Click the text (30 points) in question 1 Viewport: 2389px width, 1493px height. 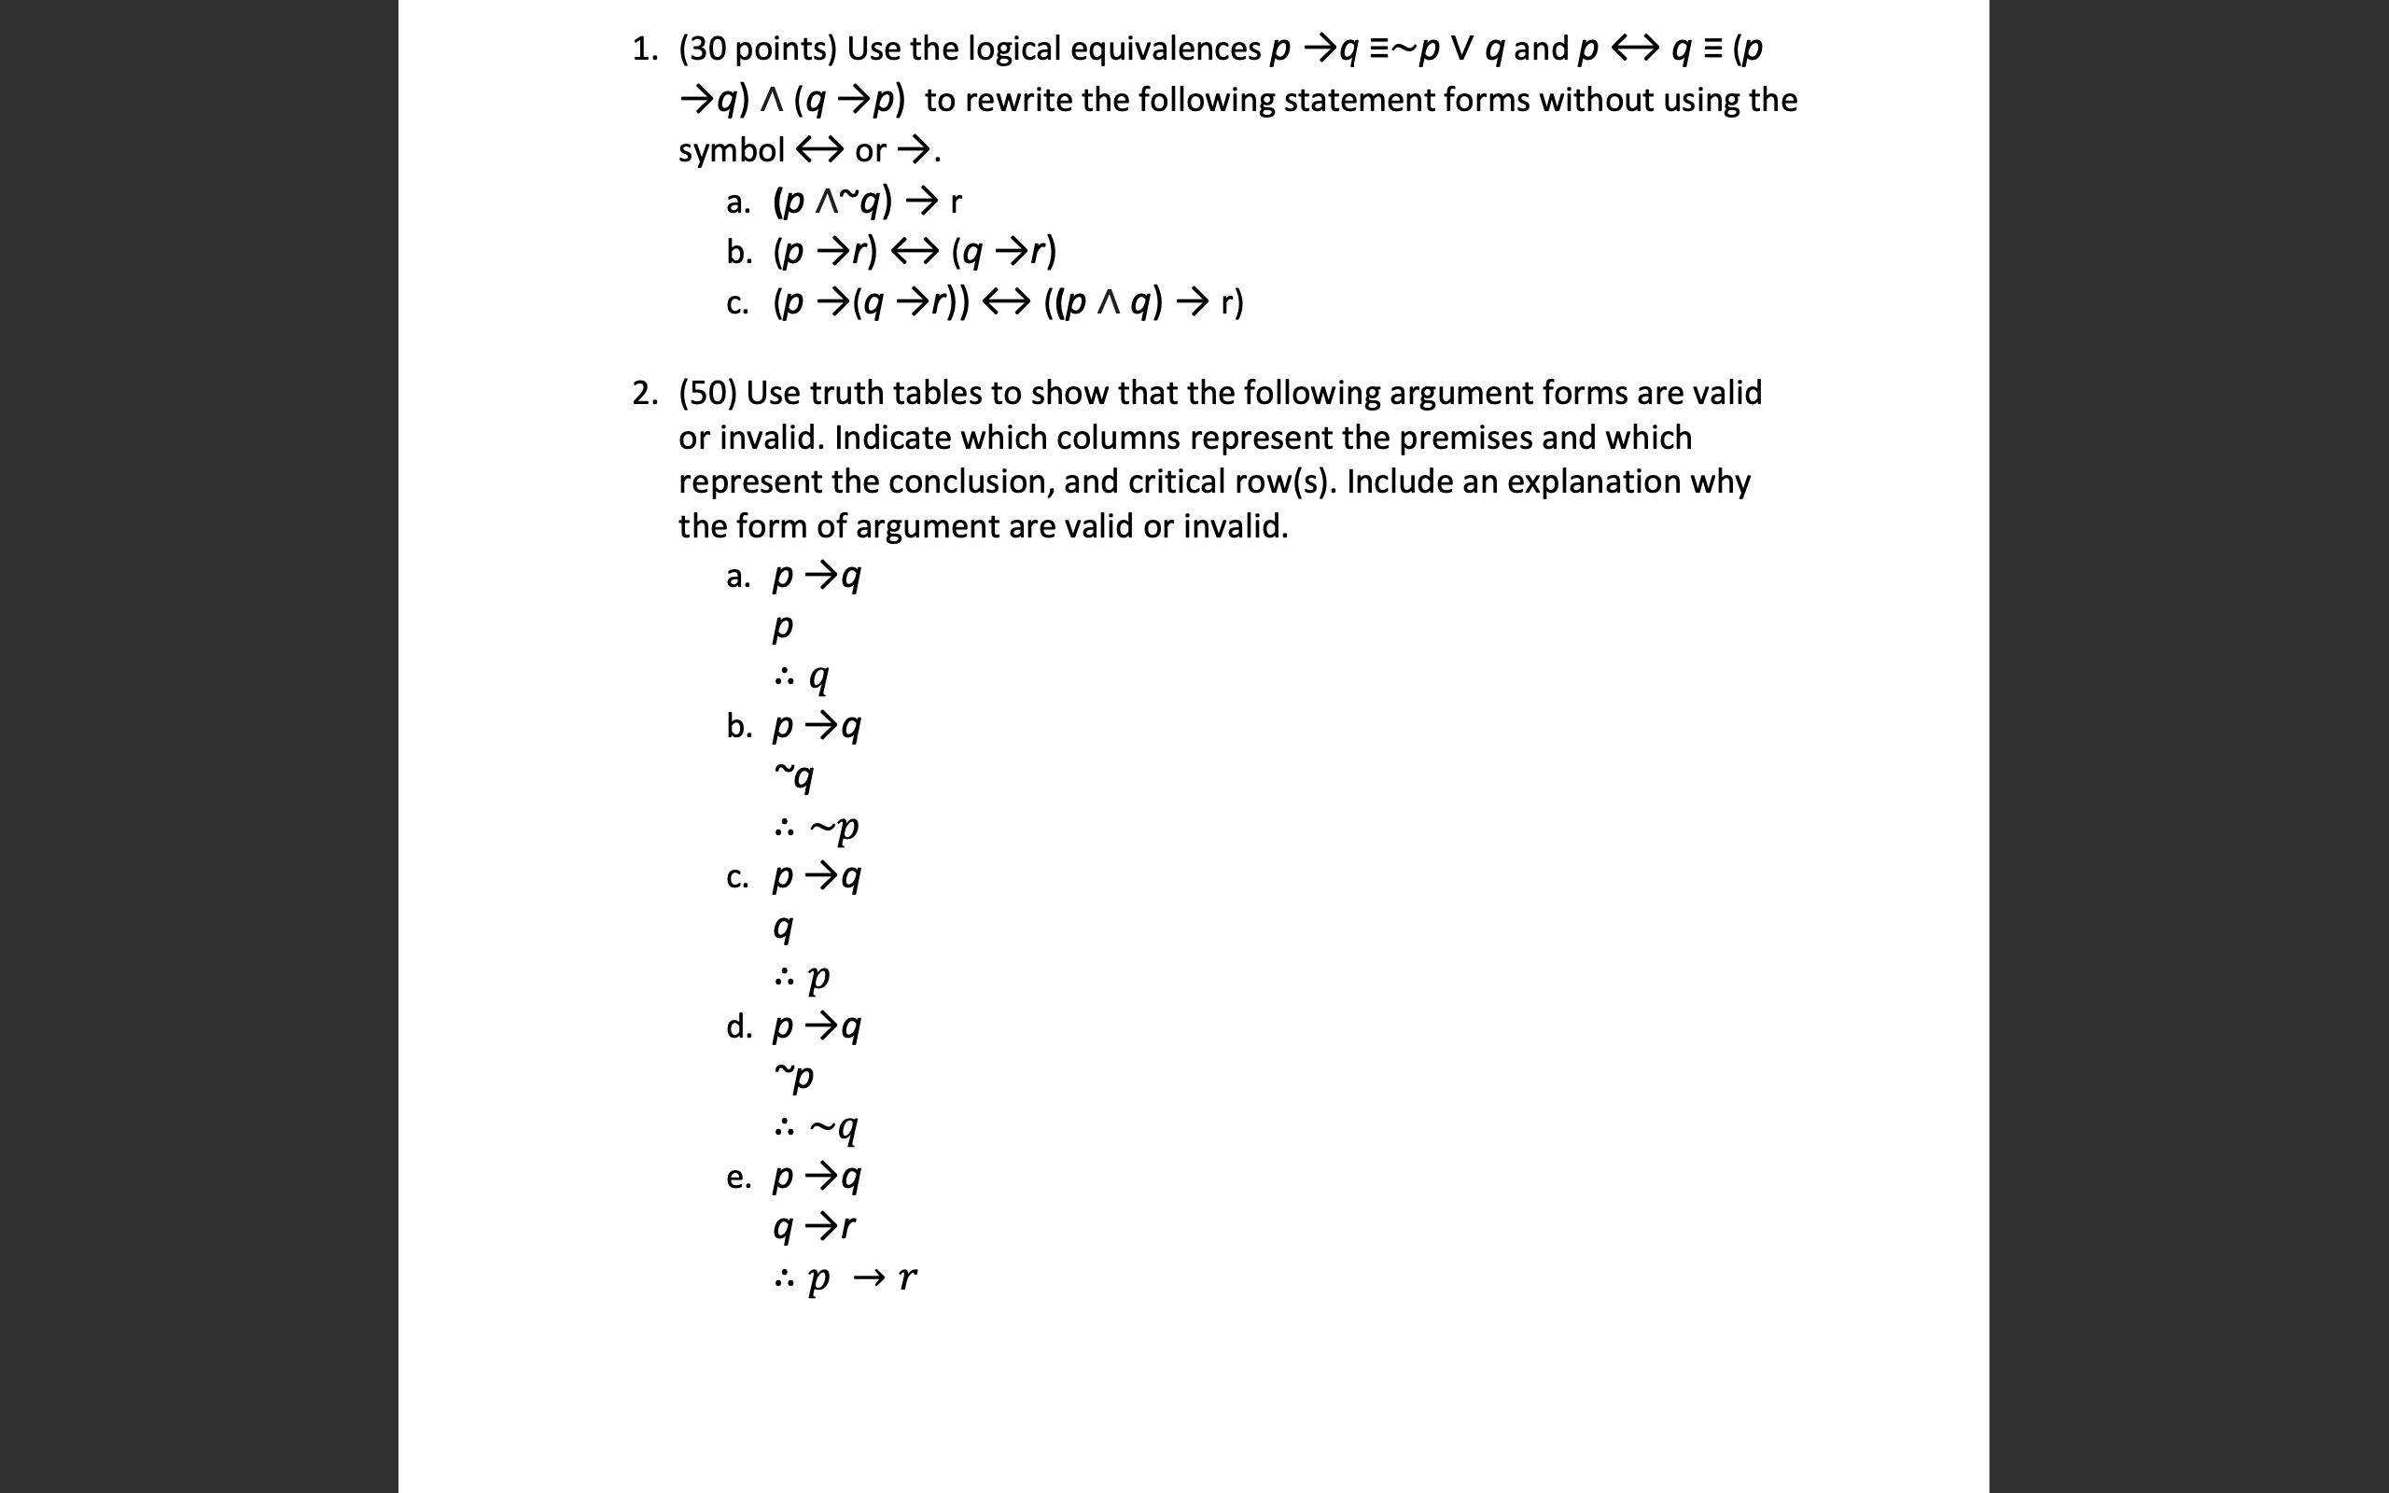click(x=757, y=49)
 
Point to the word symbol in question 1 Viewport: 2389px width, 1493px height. click(x=731, y=150)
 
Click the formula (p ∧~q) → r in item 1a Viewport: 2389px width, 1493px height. click(x=867, y=202)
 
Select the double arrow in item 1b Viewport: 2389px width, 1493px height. click(x=915, y=252)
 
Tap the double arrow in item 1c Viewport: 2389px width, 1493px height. click(x=1006, y=302)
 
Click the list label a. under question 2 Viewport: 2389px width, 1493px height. click(x=738, y=576)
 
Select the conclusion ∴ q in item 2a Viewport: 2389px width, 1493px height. click(x=802, y=677)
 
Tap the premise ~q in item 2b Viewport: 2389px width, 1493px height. click(x=794, y=776)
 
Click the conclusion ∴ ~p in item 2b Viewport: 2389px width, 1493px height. click(x=817, y=828)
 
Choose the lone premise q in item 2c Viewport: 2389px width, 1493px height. click(x=783, y=927)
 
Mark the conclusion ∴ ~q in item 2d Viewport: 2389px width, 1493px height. click(x=817, y=1126)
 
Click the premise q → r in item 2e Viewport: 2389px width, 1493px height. click(x=815, y=1226)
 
